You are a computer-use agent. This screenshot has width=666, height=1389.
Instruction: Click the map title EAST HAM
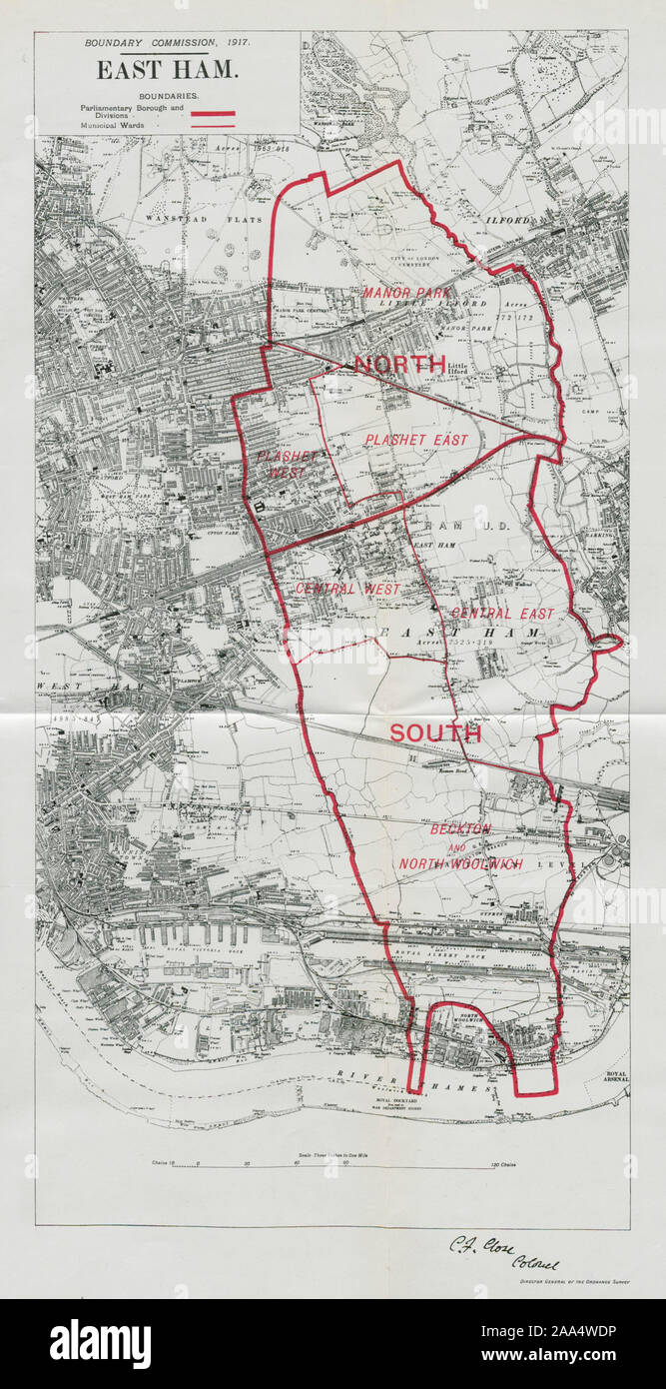pos(167,70)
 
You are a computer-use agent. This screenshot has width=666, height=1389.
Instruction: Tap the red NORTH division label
pos(400,365)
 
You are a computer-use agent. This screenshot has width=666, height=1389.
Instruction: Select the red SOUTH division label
pos(434,732)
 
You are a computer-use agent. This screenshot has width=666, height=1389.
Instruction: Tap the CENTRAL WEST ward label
pos(347,590)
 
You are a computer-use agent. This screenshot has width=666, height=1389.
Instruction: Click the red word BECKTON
pos(460,829)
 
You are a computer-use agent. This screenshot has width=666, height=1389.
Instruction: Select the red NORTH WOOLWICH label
pos(460,863)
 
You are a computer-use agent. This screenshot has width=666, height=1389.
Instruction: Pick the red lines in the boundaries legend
pos(219,119)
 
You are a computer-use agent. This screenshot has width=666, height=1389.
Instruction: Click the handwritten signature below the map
pos(499,1249)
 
